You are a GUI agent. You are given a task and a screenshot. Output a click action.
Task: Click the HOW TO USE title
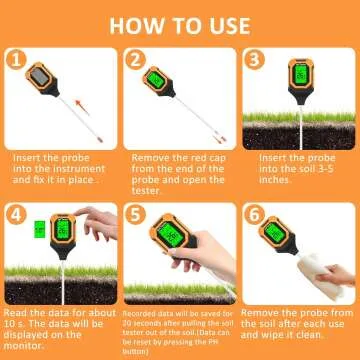point(180,22)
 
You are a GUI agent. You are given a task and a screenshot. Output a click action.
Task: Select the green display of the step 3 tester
point(283,73)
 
